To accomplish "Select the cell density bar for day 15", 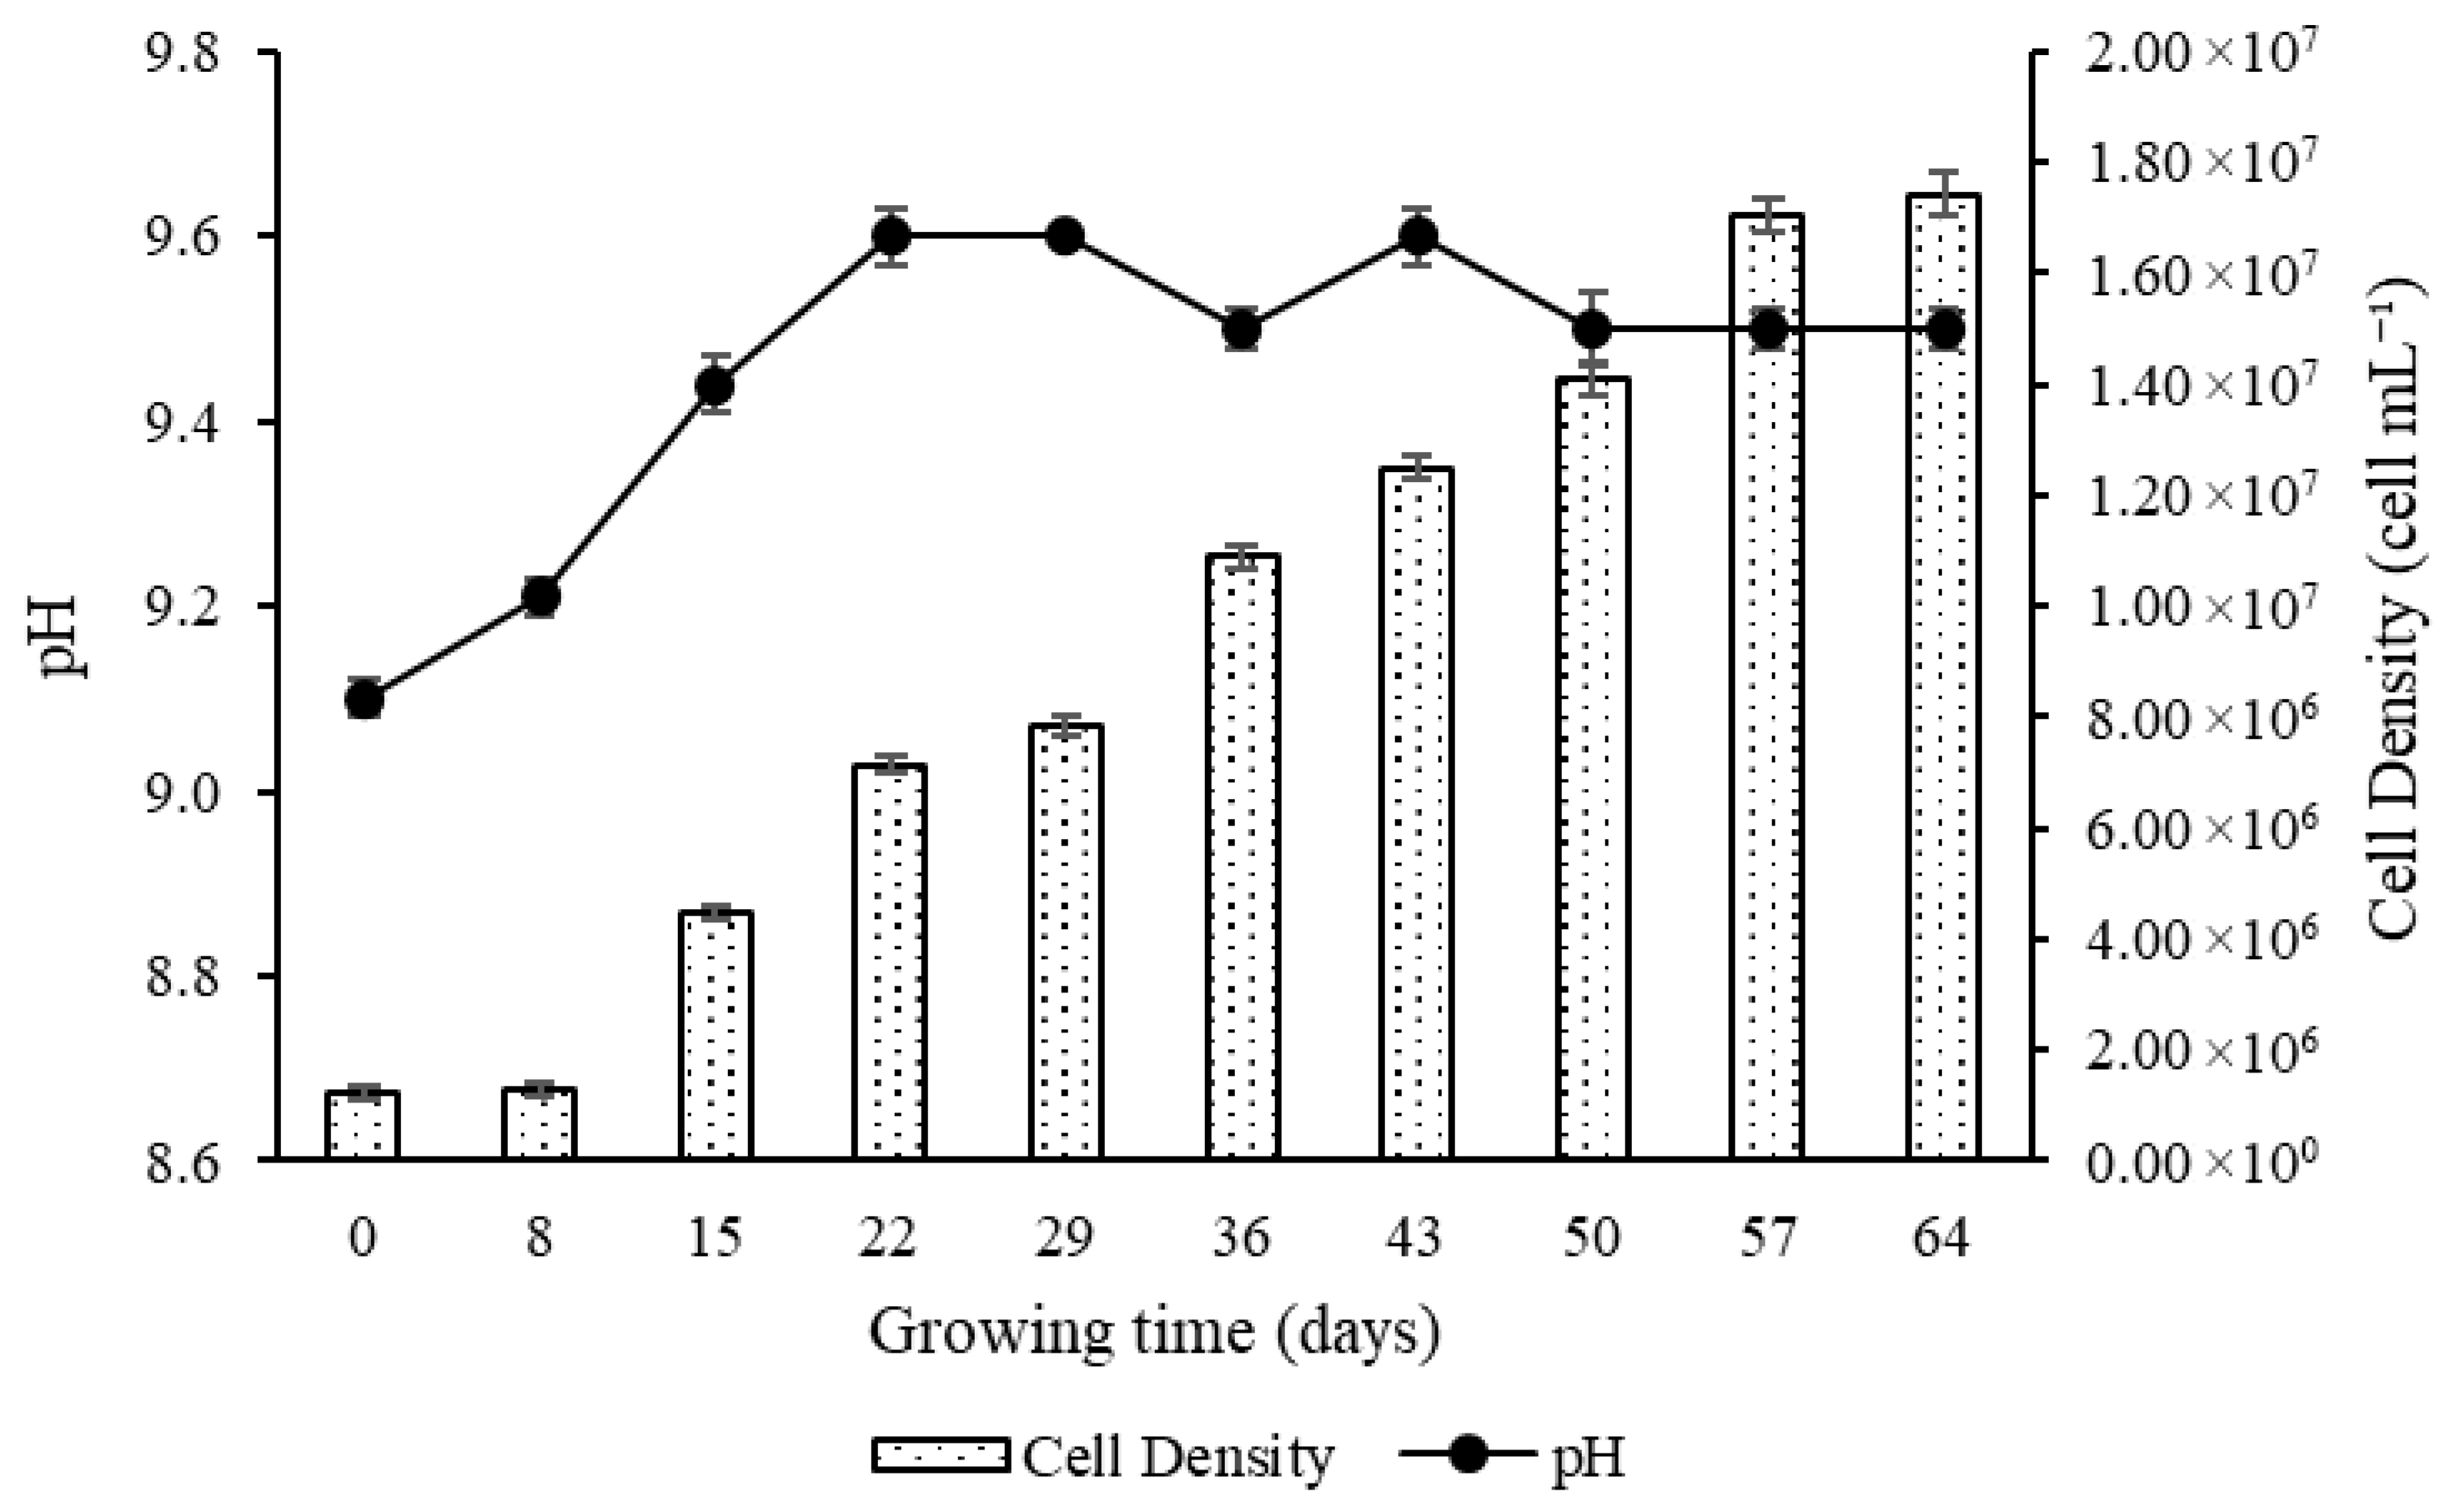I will pos(715,1035).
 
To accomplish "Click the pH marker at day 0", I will pos(364,699).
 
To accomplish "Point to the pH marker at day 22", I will pos(891,237).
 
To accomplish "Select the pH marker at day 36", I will pos(1242,329).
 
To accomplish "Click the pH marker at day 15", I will pos(715,385).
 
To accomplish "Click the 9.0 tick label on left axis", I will pos(182,792).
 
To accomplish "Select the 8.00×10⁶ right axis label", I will pos(2198,717).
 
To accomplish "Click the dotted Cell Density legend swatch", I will pos(941,1456).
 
